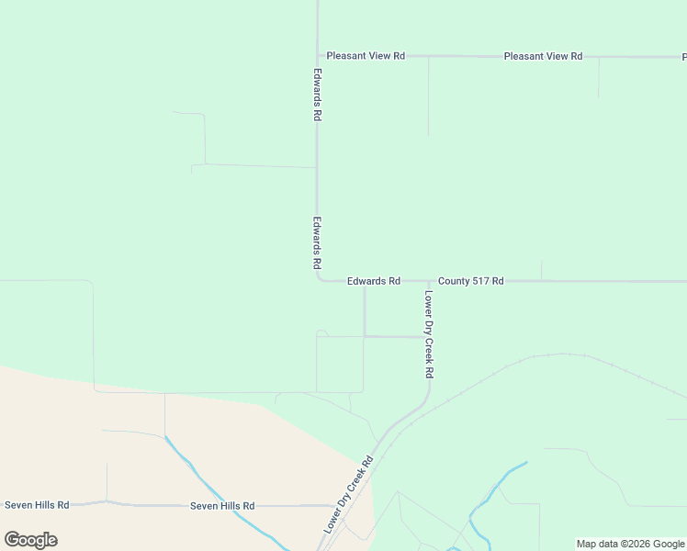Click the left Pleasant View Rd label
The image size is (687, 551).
pos(366,56)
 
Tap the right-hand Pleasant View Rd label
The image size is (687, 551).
pos(543,56)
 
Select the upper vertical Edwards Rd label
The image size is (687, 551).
pos(317,96)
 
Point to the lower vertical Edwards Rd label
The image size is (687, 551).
pos(317,242)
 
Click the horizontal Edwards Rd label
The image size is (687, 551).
pos(374,281)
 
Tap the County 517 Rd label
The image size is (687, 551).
pos(470,281)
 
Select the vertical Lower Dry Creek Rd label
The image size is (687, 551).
pos(429,335)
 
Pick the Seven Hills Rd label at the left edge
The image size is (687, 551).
pos(37,505)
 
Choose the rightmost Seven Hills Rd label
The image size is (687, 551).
pos(222,506)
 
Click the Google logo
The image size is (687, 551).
pos(30,540)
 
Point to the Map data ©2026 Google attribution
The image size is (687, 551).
pos(631,544)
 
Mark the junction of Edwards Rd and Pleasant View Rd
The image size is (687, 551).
pos(318,56)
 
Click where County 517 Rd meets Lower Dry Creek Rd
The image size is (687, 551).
pos(429,281)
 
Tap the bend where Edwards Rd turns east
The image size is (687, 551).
pos(320,279)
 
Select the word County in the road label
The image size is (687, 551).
pos(454,281)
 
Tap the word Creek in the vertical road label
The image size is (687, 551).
pos(429,347)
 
